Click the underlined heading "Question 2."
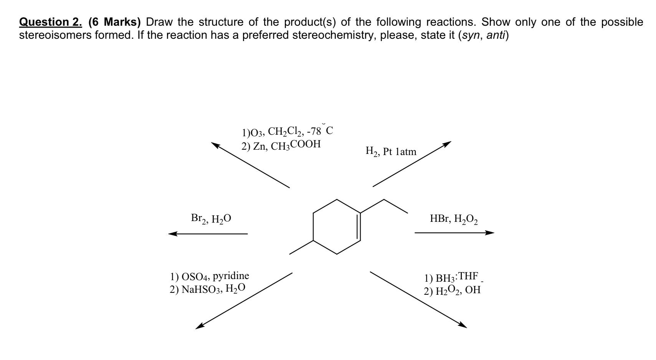50,22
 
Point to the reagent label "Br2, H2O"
211,219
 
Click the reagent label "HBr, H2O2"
454,219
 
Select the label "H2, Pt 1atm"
391,152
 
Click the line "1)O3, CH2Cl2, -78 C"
287,132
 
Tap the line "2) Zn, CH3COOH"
281,145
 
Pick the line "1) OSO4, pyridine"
210,276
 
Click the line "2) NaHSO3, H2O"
207,289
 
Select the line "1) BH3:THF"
451,277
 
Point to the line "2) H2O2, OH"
452,291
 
